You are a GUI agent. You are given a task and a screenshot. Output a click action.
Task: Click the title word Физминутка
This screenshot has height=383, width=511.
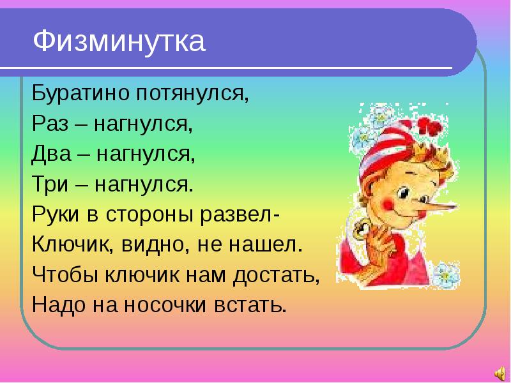point(119,42)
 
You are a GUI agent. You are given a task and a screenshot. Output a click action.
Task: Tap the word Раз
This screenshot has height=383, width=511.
point(50,124)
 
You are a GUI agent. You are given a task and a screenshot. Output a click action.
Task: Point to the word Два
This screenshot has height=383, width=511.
point(51,154)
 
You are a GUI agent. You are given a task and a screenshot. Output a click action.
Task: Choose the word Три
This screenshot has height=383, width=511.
point(50,184)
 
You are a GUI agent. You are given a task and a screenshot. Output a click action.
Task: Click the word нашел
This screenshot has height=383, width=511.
point(265,245)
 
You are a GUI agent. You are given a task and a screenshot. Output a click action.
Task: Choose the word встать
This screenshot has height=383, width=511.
point(250,306)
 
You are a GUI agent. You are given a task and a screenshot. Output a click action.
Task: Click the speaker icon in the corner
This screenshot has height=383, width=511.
point(499,373)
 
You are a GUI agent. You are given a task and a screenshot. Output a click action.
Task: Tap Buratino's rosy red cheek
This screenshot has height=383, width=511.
point(390,204)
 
